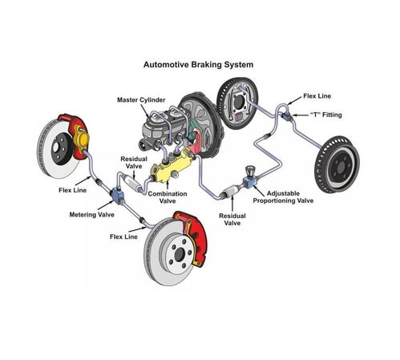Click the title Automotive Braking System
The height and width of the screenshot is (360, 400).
pos(198,65)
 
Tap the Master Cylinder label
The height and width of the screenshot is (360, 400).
pos(141,100)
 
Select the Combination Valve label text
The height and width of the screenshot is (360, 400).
pos(168,197)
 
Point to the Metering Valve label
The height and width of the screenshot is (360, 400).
pos(91,215)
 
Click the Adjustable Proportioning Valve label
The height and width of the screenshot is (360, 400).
pos(283,197)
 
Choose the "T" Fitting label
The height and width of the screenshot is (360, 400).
pos(325,115)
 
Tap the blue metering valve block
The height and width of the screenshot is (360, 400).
pos(117,195)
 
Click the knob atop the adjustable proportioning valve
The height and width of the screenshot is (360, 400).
pos(250,170)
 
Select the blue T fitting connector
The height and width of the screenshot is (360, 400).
pos(287,116)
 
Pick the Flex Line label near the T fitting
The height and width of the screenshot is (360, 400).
pos(317,96)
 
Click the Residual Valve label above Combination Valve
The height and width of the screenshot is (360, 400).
pos(134,163)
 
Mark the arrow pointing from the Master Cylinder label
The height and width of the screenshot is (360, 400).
pos(145,111)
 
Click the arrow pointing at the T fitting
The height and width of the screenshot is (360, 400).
pos(301,115)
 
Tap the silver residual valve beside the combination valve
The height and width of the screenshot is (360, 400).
pos(132,183)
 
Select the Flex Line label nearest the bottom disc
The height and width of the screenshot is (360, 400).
pos(123,237)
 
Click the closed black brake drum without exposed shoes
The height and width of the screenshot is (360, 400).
pos(337,164)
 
